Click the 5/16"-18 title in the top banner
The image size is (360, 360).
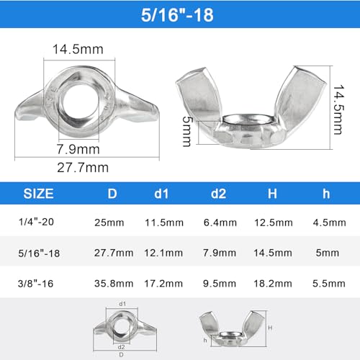tap(177, 15)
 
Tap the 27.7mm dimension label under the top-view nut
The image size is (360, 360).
tap(83, 168)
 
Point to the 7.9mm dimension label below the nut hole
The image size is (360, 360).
tap(78, 149)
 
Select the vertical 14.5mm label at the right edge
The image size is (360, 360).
tap(338, 109)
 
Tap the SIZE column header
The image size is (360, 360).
tap(38, 194)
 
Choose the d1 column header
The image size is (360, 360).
tap(161, 194)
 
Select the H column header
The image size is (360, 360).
tap(272, 194)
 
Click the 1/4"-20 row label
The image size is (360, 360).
tap(36, 222)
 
